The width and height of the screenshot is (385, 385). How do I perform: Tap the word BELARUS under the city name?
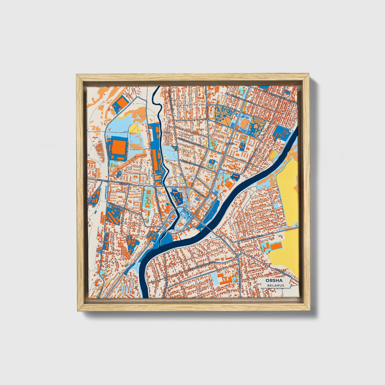click(x=276, y=285)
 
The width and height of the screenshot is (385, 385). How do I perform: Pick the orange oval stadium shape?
click(x=245, y=123)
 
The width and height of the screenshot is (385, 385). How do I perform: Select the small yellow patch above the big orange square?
click(x=134, y=129)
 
